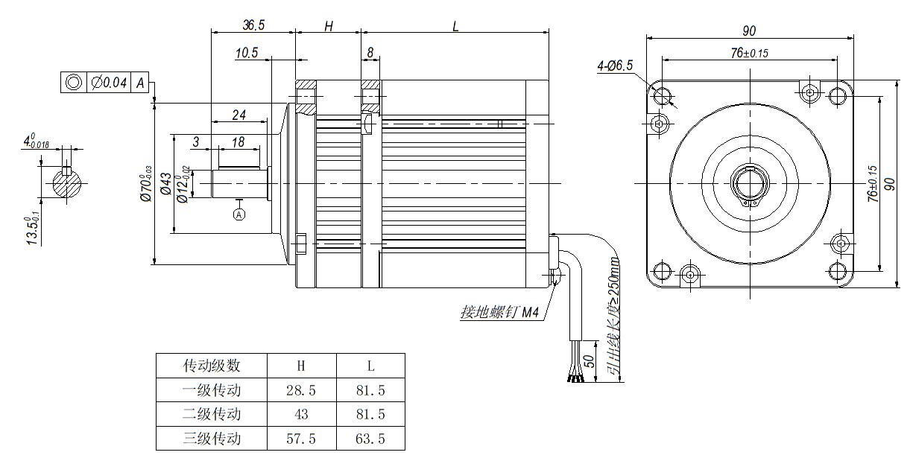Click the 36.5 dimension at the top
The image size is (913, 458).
click(253, 25)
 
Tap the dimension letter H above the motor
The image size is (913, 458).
click(329, 25)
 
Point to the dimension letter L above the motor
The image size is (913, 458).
click(456, 25)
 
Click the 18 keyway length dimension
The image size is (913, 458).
click(238, 141)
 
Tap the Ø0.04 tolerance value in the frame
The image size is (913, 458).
click(109, 82)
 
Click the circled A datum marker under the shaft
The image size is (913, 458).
click(239, 214)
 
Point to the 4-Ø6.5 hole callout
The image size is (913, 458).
click(615, 66)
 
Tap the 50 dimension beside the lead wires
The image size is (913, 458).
click(589, 361)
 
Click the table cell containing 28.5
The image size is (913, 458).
click(301, 389)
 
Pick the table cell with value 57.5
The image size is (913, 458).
click(301, 439)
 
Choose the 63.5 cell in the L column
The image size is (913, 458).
click(370, 439)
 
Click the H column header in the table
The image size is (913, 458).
click(301, 366)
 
